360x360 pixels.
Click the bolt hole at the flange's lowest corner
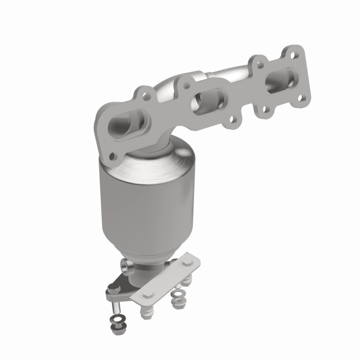click(112, 157)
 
